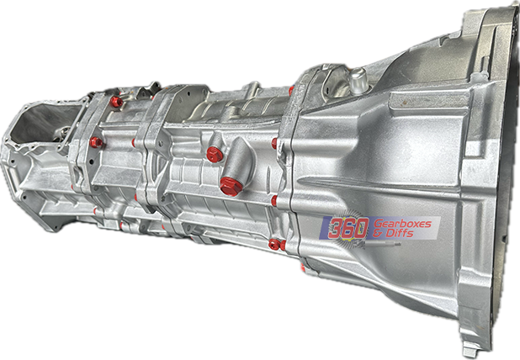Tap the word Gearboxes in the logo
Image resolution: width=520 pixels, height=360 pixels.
(x=402, y=224)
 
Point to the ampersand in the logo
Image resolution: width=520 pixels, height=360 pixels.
(x=378, y=234)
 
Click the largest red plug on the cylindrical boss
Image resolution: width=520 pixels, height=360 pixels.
(x=230, y=187)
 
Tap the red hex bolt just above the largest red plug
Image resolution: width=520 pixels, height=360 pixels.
(x=215, y=155)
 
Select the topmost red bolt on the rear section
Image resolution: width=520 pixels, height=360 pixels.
(x=116, y=102)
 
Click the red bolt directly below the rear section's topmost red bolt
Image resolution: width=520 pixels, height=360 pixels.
(x=96, y=142)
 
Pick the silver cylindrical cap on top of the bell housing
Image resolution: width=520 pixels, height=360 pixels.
(x=358, y=80)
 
